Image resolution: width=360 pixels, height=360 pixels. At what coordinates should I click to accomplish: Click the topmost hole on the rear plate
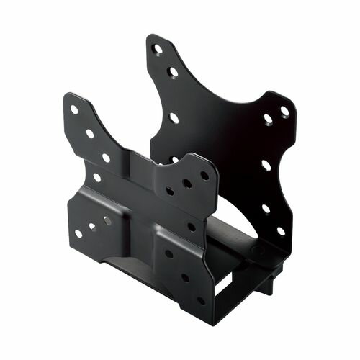157,50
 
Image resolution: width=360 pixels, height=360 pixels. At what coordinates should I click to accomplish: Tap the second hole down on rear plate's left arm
172,72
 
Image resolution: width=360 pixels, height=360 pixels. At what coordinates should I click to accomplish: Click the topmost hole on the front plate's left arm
74,110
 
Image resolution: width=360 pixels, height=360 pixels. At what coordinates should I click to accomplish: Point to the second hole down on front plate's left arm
90,133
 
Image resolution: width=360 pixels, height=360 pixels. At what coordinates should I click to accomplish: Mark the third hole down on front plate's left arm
106,158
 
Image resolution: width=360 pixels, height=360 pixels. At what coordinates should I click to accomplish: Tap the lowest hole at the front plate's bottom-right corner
201,300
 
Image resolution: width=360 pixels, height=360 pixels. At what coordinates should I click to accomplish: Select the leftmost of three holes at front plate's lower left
78,233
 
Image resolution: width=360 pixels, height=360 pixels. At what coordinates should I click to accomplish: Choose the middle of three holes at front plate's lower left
92,226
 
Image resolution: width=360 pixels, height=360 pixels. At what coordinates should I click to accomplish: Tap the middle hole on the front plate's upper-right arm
186,184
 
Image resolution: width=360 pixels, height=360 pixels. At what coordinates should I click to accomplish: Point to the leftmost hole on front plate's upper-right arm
170,192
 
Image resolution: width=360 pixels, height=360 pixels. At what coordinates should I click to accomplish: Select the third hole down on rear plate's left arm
174,117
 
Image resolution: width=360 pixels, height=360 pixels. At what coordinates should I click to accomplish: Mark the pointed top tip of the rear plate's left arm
153,36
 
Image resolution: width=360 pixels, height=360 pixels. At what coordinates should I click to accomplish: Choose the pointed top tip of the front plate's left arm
68,95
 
